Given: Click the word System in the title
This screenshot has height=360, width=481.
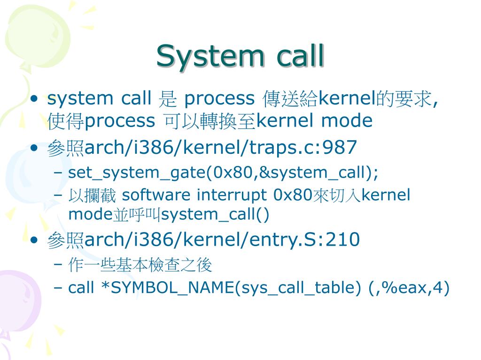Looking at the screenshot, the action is [211, 56].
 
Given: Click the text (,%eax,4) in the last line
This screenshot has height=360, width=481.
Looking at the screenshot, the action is [409, 288].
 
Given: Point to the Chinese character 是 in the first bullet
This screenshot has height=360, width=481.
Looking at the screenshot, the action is [167, 99].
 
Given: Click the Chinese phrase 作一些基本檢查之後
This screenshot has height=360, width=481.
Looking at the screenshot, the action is [140, 266].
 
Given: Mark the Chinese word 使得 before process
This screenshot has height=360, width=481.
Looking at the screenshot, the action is [65, 121].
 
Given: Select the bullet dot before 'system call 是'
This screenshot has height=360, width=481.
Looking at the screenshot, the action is [34, 99].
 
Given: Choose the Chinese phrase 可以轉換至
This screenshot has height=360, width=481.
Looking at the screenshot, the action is [209, 121].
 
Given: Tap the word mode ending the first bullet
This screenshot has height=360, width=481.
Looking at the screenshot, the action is [347, 121].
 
